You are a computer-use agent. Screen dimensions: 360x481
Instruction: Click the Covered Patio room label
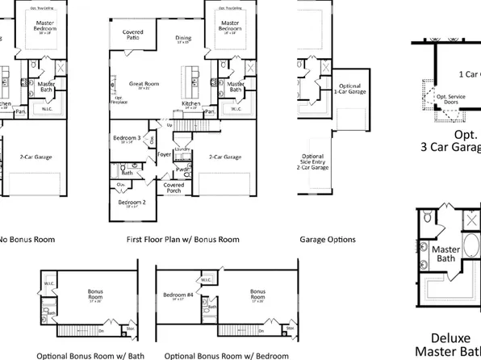coord(133,35)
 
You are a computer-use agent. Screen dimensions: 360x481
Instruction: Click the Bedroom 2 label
coord(132,203)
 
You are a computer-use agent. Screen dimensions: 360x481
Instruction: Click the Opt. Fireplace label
coord(119,100)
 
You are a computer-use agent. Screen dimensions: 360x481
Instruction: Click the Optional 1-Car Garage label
coord(349,88)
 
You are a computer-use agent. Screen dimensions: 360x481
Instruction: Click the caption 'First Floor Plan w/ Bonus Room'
coord(183,240)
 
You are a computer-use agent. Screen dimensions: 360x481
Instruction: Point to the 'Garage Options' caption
coord(327,240)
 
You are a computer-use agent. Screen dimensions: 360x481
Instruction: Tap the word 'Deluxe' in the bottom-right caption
coord(446,337)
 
